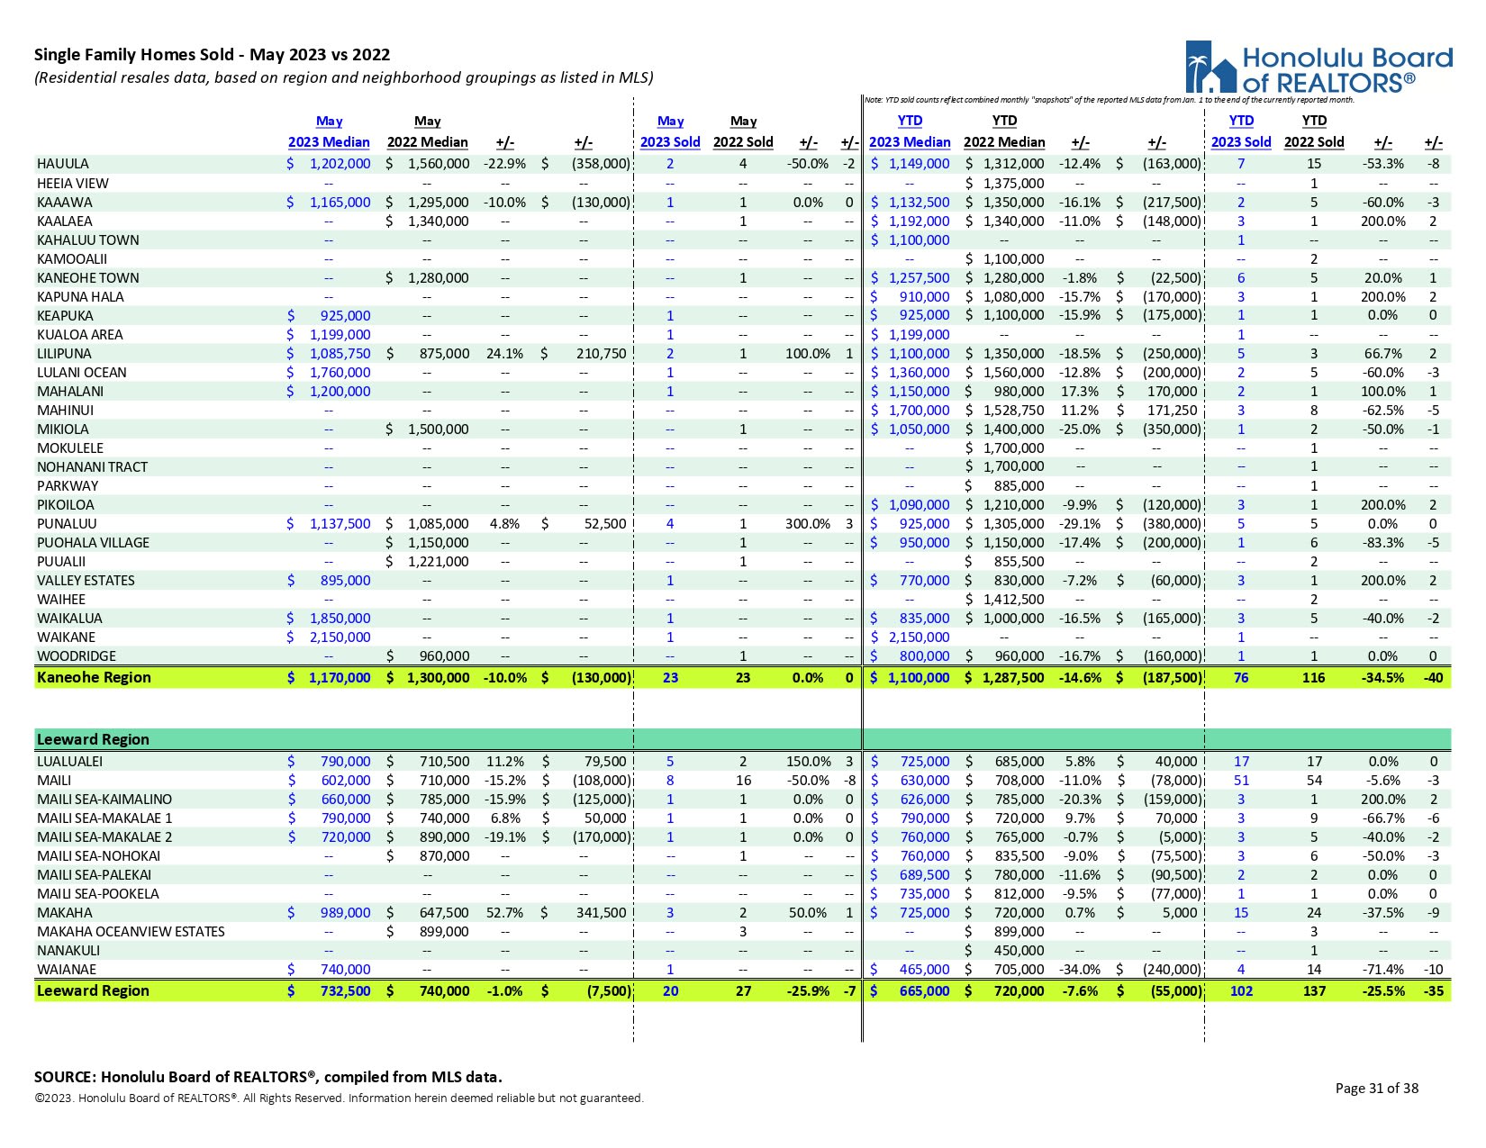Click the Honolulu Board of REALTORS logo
point(1318,67)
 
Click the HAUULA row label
point(63,164)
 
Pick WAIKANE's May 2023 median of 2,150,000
point(340,637)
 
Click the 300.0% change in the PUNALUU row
point(807,524)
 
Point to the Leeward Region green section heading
point(93,739)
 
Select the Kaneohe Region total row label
point(94,678)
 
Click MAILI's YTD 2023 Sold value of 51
point(1241,781)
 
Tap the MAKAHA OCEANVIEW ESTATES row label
point(131,932)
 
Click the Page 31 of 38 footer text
point(1376,1089)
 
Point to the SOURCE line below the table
point(268,1077)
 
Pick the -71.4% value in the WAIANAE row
point(1383,970)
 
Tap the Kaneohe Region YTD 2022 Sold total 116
point(1313,678)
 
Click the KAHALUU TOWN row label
point(88,240)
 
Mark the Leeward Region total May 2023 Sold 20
point(670,991)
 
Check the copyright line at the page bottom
point(339,1098)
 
